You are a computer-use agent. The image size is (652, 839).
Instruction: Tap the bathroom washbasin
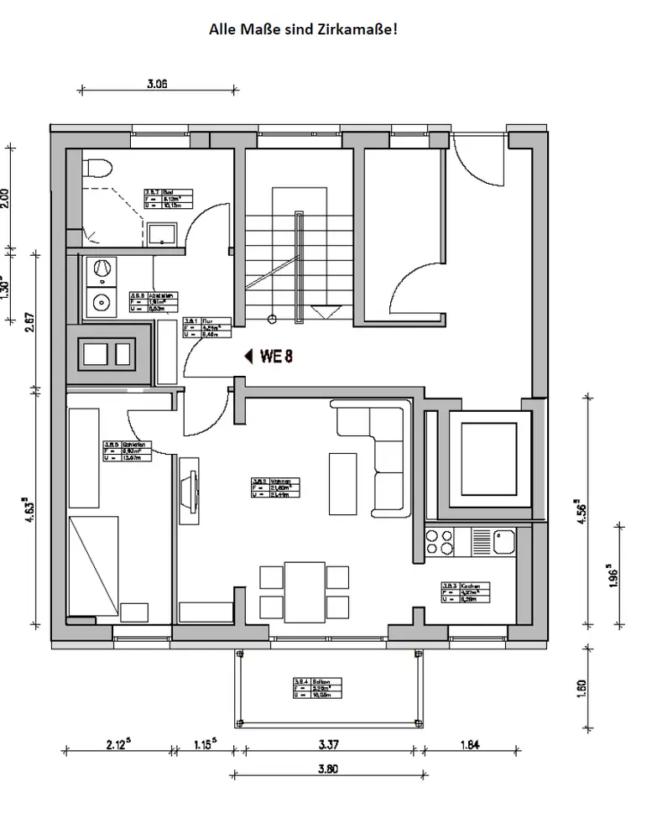[x=161, y=233]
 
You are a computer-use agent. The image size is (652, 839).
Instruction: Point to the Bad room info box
[x=169, y=198]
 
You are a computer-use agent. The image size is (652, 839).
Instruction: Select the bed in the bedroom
[x=95, y=566]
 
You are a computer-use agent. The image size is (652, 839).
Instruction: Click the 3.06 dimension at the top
[x=158, y=83]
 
